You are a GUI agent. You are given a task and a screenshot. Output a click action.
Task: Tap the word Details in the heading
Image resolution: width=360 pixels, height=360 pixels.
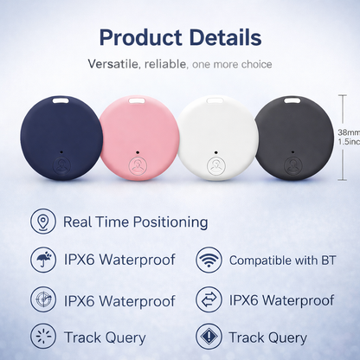point(220,37)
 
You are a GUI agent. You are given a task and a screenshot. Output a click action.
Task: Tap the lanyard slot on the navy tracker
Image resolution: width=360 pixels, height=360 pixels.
point(60,102)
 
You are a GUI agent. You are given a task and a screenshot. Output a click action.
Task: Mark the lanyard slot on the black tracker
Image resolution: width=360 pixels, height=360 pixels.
point(292,102)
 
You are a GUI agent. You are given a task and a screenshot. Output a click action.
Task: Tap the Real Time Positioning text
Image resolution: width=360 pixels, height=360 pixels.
point(136,222)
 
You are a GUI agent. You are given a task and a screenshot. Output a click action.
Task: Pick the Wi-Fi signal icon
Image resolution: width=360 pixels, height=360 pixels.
point(207,260)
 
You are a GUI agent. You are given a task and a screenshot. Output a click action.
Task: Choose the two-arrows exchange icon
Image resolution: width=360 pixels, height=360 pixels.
point(207,299)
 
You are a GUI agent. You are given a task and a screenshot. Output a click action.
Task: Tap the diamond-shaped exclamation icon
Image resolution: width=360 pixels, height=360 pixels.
point(207,337)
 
